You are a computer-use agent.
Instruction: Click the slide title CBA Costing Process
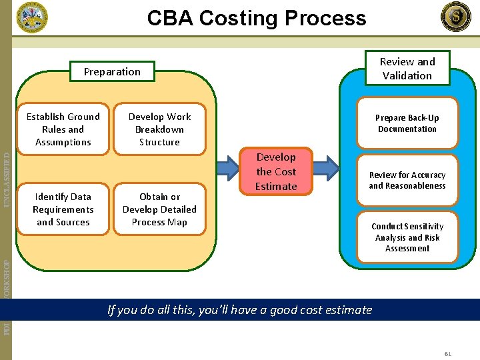257,18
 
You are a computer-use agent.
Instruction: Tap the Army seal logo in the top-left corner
32,17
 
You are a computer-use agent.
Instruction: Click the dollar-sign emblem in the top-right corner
455,17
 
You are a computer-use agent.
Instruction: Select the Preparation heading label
112,72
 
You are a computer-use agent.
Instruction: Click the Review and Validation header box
407,68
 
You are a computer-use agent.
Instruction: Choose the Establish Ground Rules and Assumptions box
63,129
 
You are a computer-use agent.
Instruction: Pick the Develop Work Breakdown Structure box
159,129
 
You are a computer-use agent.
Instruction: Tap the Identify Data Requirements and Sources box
63,209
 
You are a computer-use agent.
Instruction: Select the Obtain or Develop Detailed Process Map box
159,209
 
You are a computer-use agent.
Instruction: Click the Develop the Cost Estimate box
276,171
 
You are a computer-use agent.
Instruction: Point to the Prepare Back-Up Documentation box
407,123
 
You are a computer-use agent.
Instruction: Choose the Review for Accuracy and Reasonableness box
407,180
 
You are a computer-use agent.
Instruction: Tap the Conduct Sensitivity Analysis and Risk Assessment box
407,237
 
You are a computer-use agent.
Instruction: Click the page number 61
448,354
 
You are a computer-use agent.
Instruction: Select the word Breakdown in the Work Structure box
159,129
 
